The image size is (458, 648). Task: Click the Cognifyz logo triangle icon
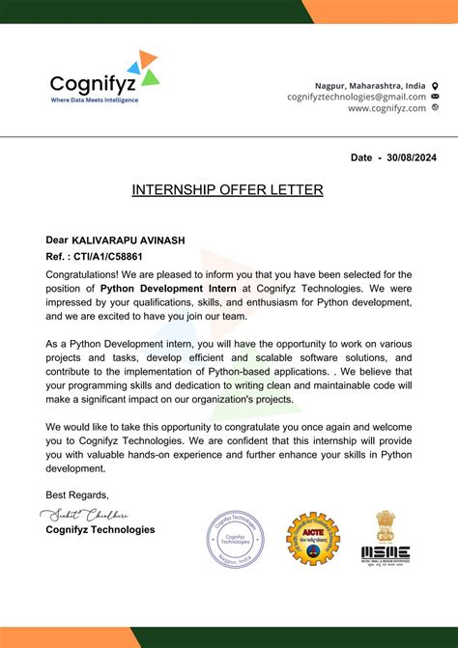coord(147,69)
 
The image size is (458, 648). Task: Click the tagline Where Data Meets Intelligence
coord(95,99)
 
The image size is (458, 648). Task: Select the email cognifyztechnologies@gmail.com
coord(357,97)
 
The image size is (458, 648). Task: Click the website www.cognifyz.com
coord(386,108)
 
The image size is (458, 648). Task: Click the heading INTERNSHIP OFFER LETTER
coord(227,190)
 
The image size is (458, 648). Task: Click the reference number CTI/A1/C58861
coord(108,257)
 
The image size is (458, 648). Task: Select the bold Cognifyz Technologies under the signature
coord(100,529)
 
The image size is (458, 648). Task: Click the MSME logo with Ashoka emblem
coord(386,537)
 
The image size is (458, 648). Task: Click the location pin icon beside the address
coord(435,85)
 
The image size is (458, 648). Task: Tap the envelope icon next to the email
coord(435,97)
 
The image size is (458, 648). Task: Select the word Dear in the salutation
coord(57,239)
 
